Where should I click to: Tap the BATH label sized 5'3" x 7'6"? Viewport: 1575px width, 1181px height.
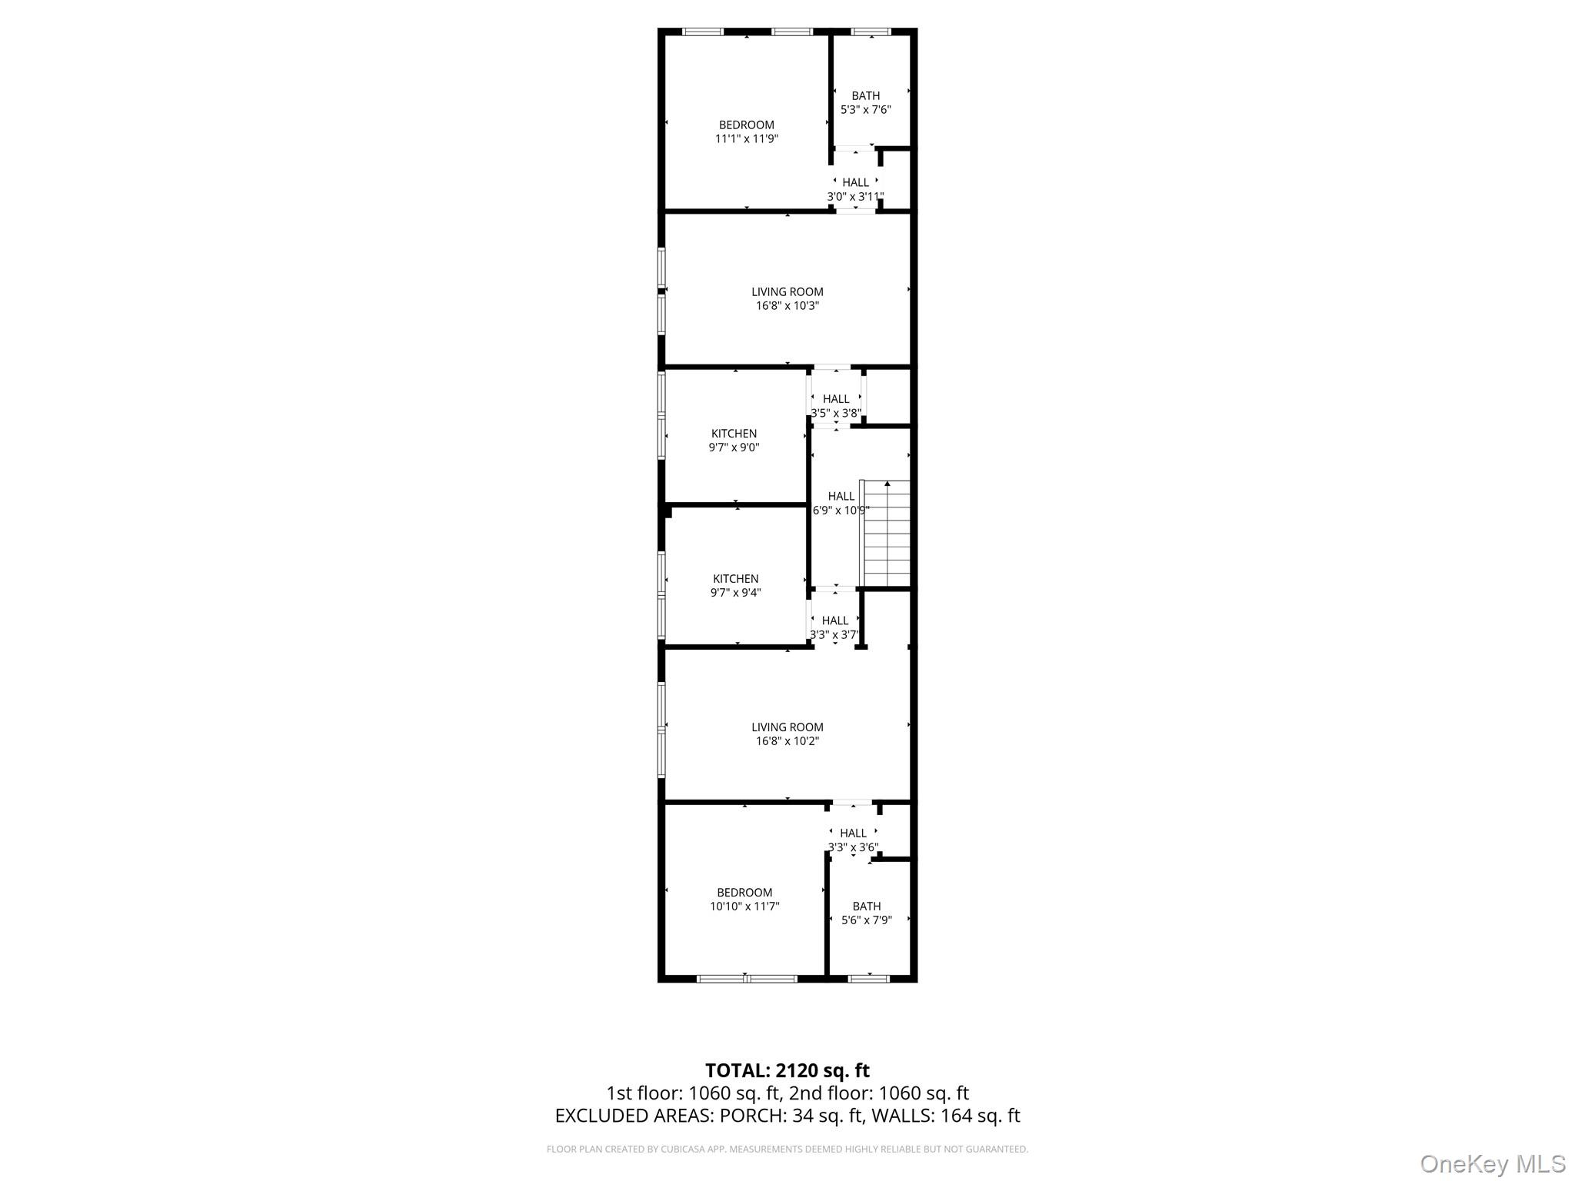[865, 103]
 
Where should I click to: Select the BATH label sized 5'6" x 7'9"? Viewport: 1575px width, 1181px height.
[866, 913]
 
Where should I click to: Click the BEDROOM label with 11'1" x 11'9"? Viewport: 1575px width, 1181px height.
[746, 131]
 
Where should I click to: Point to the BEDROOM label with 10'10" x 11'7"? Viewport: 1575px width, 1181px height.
[744, 899]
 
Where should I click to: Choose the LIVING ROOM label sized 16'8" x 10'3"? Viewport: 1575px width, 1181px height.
[787, 298]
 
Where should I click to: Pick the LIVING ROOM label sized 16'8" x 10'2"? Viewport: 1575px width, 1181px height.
[787, 734]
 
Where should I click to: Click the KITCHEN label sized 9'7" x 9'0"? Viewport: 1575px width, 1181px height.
[734, 440]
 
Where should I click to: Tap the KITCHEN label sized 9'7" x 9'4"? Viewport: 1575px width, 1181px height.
[735, 585]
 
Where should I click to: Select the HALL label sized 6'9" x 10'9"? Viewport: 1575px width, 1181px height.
[841, 503]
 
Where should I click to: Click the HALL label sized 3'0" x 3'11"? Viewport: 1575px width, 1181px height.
[855, 189]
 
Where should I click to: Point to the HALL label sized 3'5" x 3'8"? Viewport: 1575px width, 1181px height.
[836, 405]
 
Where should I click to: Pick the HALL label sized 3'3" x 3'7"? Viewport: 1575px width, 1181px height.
[834, 627]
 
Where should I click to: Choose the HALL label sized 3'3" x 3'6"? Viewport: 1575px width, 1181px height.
[853, 840]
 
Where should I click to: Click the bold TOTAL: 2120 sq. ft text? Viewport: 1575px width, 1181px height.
[787, 1070]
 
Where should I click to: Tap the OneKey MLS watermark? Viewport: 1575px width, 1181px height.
[1492, 1163]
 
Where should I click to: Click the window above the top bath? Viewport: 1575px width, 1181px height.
[871, 32]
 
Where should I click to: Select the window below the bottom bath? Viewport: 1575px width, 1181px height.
[868, 979]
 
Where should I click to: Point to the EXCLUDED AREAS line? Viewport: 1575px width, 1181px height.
[787, 1116]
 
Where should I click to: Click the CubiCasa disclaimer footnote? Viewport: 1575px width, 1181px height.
[787, 1149]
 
